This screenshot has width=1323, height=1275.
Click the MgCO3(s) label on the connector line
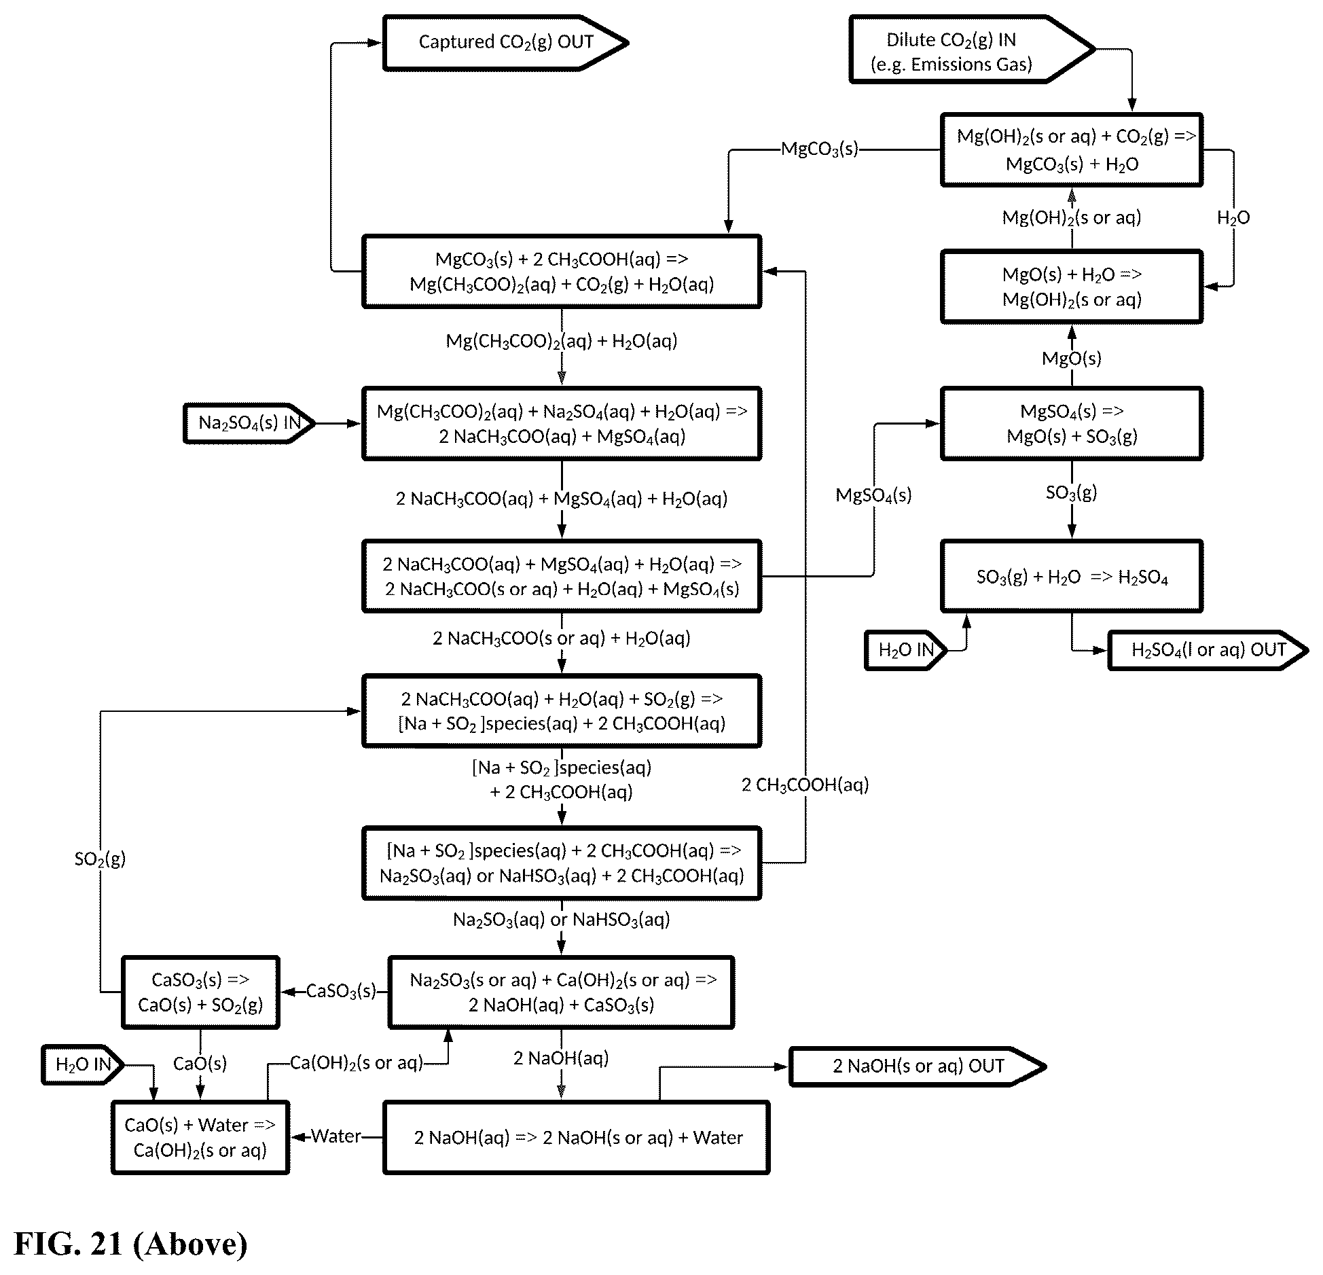click(x=820, y=149)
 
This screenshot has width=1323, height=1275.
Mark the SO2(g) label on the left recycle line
click(x=100, y=859)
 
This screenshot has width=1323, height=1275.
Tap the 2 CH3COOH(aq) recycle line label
click(x=805, y=785)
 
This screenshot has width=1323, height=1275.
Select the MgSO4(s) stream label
click(x=873, y=495)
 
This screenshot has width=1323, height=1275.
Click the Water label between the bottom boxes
click(x=336, y=1136)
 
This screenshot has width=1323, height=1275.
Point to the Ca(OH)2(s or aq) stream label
click(x=357, y=1063)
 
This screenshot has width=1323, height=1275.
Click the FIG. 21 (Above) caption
click(x=131, y=1243)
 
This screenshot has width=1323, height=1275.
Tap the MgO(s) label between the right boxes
click(x=1072, y=358)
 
